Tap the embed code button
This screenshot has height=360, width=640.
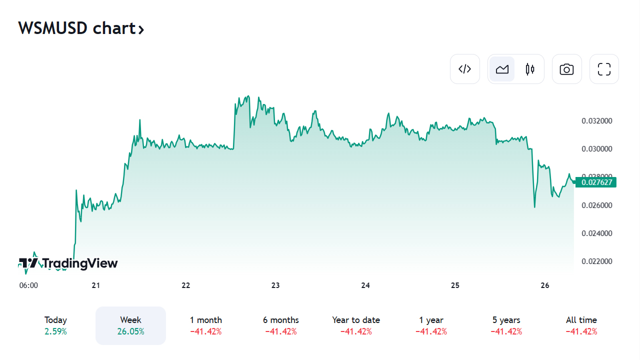pos(465,69)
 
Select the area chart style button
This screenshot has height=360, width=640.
pos(502,69)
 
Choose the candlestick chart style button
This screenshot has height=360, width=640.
pos(530,69)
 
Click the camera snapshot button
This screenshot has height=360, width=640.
pos(566,69)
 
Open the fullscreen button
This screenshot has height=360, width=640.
pos(604,69)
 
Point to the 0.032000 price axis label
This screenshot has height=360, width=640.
pos(596,121)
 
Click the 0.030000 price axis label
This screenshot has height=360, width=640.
pos(596,149)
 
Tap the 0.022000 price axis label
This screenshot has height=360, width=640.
pos(596,261)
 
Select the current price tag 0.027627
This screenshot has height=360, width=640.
pos(596,182)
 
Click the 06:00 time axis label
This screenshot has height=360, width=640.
pos(28,285)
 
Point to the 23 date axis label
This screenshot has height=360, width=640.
pos(275,285)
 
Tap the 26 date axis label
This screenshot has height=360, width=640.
pos(545,285)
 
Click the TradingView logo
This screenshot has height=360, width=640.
pos(68,263)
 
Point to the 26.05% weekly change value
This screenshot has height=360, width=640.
pos(130,331)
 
